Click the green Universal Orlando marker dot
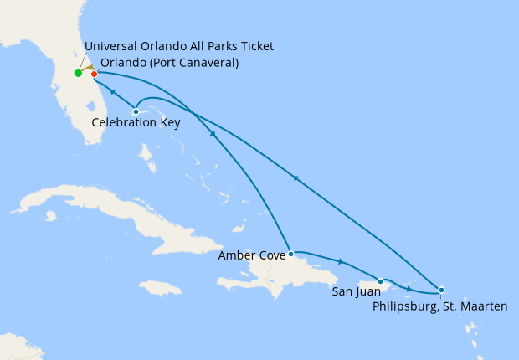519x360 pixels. click(78, 73)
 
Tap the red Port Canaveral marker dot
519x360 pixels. click(94, 74)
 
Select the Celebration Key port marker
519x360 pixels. click(136, 111)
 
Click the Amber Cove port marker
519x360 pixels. click(290, 253)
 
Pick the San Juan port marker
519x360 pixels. click(381, 281)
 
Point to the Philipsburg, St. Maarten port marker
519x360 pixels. click(441, 290)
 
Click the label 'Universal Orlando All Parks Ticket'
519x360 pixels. click(179, 46)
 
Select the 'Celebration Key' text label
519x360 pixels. click(136, 122)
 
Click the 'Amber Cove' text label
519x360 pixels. click(250, 255)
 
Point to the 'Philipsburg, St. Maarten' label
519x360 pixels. click(440, 306)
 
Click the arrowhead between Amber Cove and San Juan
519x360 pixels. click(340, 261)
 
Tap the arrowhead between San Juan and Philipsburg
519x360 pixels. click(409, 289)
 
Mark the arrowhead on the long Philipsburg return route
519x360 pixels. click(295, 177)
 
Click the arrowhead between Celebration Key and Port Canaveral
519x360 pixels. click(112, 92)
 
